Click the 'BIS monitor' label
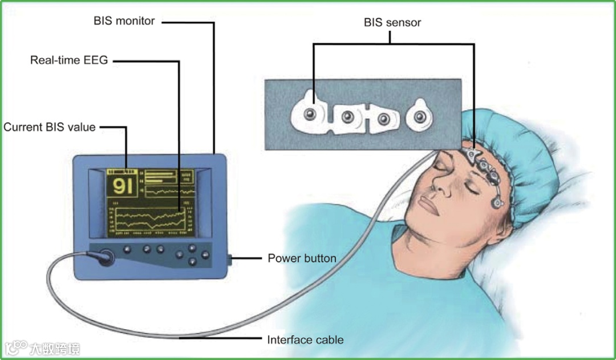pos(124,21)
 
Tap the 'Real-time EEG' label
pos(68,59)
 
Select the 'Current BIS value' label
pos(49,127)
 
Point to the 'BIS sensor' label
pos(392,23)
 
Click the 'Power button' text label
pos(302,258)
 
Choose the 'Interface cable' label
pos(305,340)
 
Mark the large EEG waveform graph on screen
pos(150,221)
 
